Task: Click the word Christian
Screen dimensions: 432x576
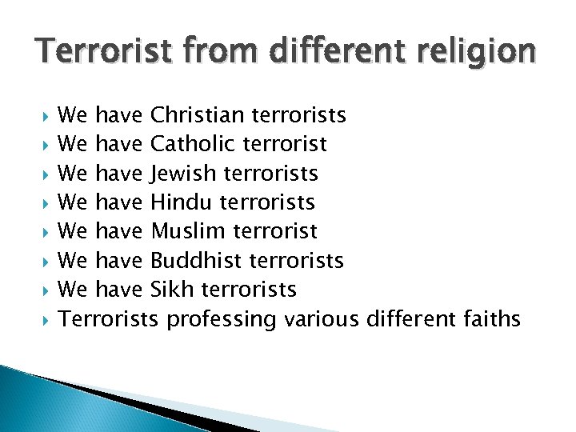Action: (x=198, y=115)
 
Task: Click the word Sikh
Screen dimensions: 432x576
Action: (x=170, y=289)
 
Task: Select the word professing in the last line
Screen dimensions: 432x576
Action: (x=220, y=319)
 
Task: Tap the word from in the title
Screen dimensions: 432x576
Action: (x=206, y=51)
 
